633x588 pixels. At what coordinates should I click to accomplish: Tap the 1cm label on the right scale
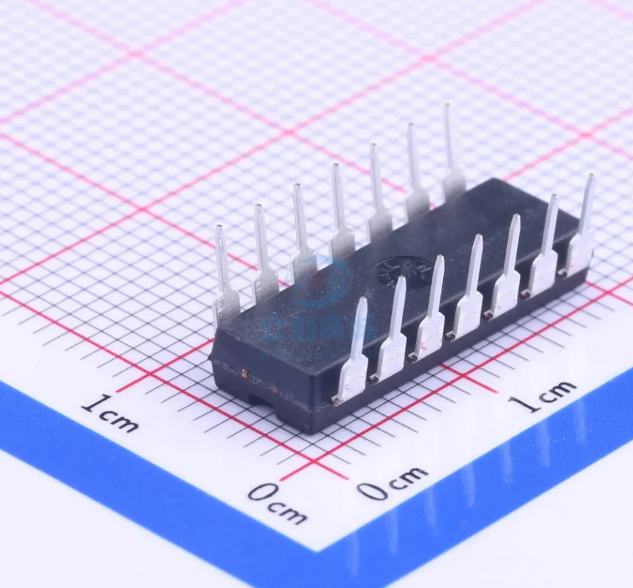(x=545, y=395)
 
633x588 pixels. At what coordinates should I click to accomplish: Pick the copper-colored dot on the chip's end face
(x=244, y=372)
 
